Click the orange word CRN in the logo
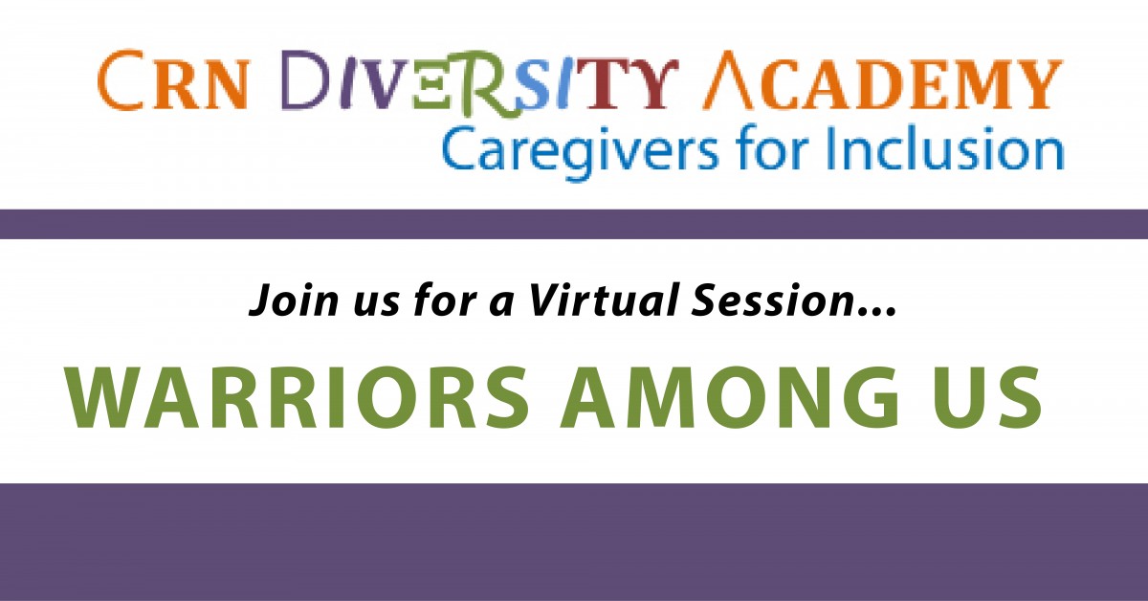pos(172,80)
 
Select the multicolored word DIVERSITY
pos(480,82)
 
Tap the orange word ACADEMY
pos(883,81)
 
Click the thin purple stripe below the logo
pos(574,224)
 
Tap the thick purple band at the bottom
pos(574,542)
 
